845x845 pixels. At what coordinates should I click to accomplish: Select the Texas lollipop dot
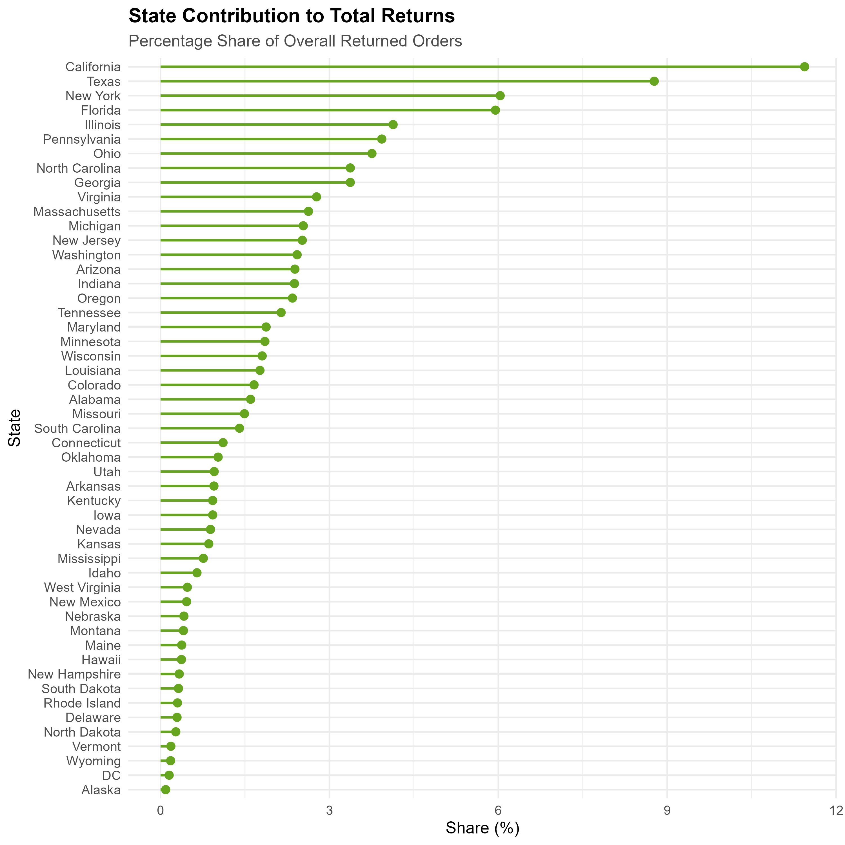coord(654,81)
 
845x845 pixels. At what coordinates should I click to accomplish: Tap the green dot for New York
coord(500,96)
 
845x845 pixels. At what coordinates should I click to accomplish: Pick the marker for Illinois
coord(393,125)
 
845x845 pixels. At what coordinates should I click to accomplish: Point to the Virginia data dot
coord(316,197)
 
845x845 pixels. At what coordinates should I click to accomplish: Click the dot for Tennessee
coord(281,313)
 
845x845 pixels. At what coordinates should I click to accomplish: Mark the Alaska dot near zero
coord(165,790)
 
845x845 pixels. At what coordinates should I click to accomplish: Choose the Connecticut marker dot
coord(223,442)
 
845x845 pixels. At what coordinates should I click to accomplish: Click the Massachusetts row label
coord(77,212)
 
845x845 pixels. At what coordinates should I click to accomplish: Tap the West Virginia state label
coord(82,587)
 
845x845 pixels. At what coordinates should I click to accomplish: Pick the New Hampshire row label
coord(74,674)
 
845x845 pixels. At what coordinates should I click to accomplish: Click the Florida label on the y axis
coord(101,110)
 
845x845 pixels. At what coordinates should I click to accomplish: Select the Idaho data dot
coord(197,573)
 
